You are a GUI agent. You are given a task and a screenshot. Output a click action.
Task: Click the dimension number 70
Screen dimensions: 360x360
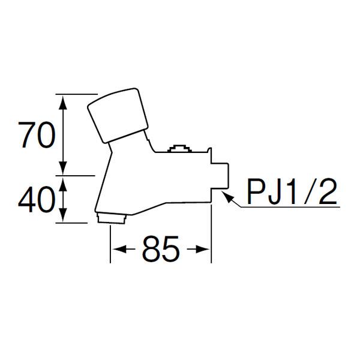pos(37,134)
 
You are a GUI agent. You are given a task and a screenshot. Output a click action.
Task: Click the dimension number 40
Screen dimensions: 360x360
pos(37,199)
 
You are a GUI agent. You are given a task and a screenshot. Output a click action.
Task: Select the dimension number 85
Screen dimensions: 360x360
pos(160,249)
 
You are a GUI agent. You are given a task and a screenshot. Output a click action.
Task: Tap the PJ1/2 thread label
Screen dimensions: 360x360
pos(292,191)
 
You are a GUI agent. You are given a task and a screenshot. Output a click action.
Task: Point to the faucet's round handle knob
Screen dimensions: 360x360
pos(118,115)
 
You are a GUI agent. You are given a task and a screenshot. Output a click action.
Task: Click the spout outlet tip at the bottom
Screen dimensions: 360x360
pos(112,218)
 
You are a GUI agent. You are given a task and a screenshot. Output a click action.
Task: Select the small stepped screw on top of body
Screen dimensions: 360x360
pos(179,149)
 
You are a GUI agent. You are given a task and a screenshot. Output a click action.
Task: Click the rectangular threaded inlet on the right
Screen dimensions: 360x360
pos(220,176)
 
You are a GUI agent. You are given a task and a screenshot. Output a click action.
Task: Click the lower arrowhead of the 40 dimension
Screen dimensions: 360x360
pos(63,215)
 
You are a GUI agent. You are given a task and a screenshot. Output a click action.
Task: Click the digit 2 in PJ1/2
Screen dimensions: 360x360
pos(328,191)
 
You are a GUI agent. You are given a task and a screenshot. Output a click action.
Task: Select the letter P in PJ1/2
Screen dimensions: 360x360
pos(257,191)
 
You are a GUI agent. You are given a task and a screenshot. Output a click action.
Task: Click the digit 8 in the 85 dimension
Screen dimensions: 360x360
pos(151,249)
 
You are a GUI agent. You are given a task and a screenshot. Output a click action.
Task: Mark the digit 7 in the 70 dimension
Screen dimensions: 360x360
pos(28,135)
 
